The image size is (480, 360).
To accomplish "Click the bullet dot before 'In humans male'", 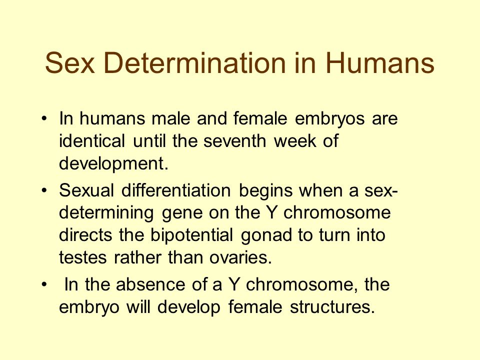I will pyautogui.click(x=46, y=120).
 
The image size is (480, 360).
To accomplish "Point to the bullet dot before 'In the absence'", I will pyautogui.click(x=46, y=286).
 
